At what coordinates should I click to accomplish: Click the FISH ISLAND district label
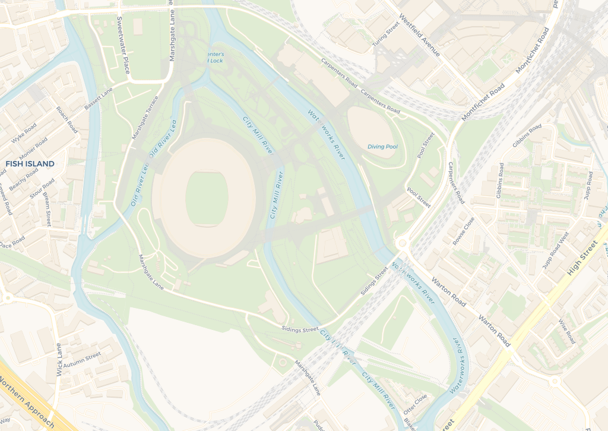click(30, 163)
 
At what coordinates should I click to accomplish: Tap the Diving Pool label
click(382, 146)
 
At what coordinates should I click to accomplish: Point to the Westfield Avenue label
click(419, 35)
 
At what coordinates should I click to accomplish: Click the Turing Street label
click(386, 35)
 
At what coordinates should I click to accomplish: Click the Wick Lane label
click(59, 359)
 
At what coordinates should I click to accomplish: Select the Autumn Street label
click(82, 360)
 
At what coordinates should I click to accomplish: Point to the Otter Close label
click(415, 404)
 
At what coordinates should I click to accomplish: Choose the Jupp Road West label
click(556, 250)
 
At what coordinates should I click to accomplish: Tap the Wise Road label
click(566, 332)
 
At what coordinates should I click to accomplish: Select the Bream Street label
click(47, 209)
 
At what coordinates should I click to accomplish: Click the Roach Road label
click(66, 119)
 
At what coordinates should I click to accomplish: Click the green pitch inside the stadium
click(207, 199)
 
